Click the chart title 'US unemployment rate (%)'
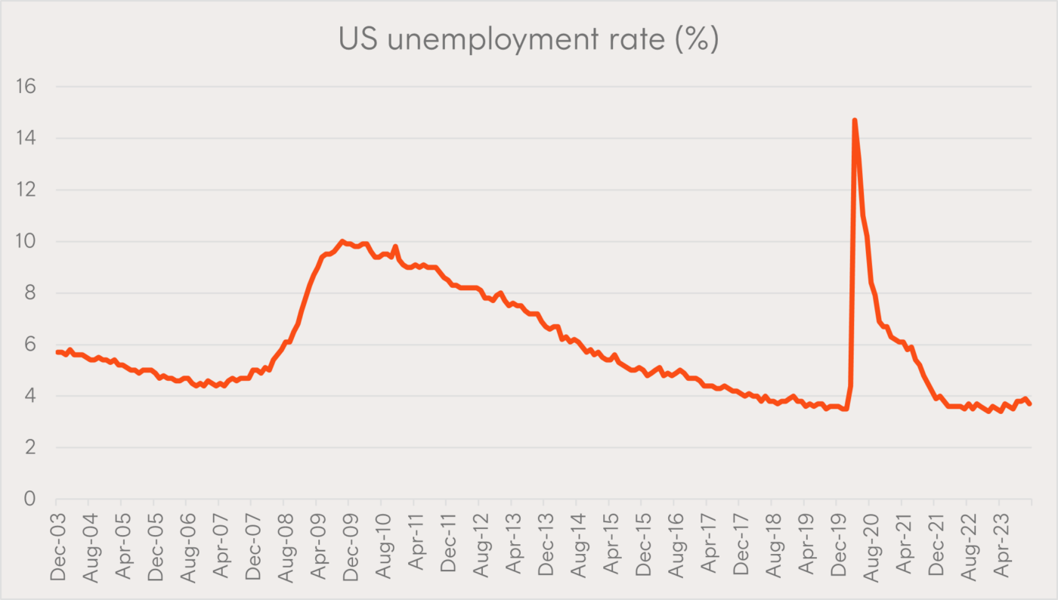coord(528,39)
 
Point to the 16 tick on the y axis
coord(25,87)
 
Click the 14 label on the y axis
coord(25,138)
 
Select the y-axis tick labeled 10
coord(25,242)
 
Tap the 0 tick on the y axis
coord(30,499)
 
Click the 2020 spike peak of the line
coord(854,120)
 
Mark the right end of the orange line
coord(1029,404)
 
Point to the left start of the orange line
coord(57,352)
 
